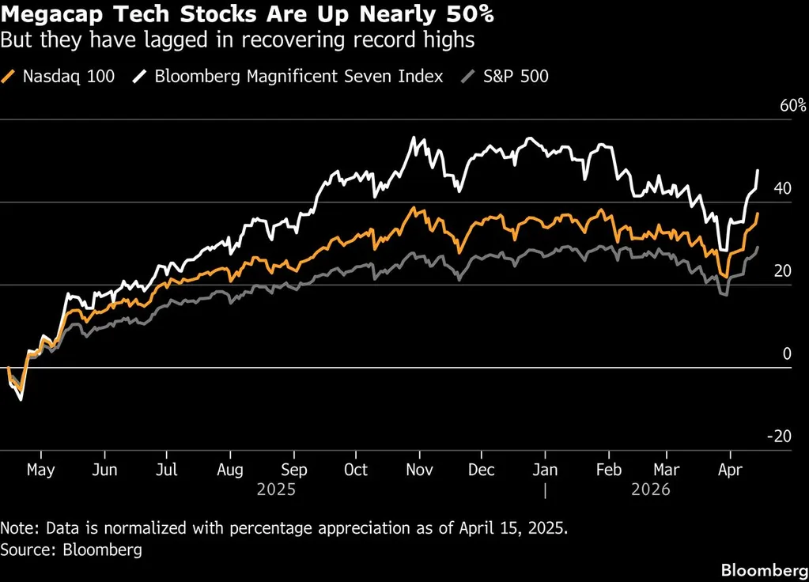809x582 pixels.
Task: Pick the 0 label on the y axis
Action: pyautogui.click(x=787, y=354)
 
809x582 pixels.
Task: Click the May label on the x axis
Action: pyautogui.click(x=40, y=470)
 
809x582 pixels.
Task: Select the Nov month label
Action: pyautogui.click(x=419, y=470)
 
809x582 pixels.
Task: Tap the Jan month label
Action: pyautogui.click(x=545, y=470)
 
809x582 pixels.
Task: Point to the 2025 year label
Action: pyautogui.click(x=276, y=489)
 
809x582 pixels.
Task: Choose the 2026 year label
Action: pyautogui.click(x=650, y=489)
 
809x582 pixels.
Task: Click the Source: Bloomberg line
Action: pyautogui.click(x=72, y=550)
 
